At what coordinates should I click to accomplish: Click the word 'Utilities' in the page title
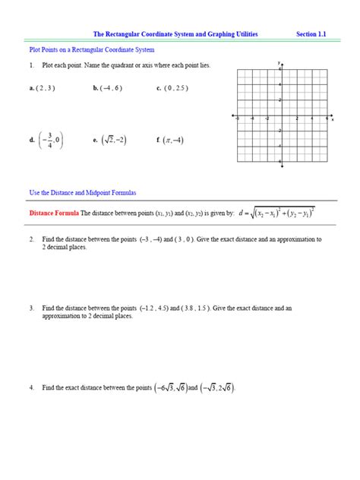click(x=242, y=34)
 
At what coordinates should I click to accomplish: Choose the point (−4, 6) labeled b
click(x=107, y=88)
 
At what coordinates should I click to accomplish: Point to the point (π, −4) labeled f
click(x=172, y=140)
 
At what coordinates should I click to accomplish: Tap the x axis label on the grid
click(x=333, y=119)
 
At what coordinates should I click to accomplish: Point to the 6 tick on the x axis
click(x=327, y=119)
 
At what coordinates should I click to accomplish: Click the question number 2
click(x=32, y=239)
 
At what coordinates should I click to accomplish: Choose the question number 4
click(x=32, y=387)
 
